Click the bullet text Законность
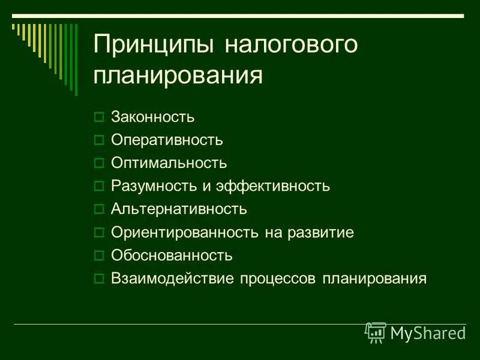(153, 117)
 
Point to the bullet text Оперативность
(167, 140)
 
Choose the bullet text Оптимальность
(169, 163)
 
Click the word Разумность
(154, 186)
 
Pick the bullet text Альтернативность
(179, 209)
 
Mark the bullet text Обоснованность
(172, 256)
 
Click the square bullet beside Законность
(100, 118)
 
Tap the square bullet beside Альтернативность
(100, 209)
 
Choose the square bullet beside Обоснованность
(100, 256)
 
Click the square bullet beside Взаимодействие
(100, 278)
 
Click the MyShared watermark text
(428, 332)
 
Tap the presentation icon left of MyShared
(376, 332)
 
